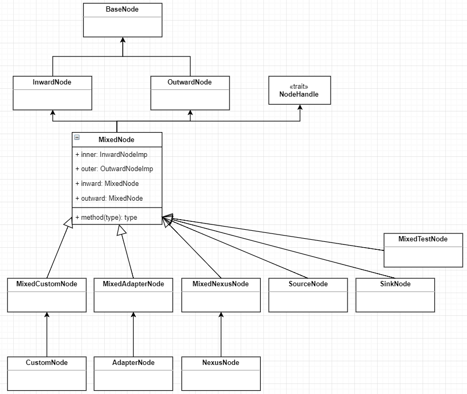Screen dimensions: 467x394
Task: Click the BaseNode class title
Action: click(122, 9)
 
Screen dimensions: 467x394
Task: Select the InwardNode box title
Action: click(52, 82)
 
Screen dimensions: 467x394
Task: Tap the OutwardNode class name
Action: click(190, 82)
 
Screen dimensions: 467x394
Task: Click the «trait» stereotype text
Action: click(299, 87)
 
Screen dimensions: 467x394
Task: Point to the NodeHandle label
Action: click(299, 94)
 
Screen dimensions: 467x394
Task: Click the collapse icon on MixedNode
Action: click(77, 137)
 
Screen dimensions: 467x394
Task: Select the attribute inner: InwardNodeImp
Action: click(112, 155)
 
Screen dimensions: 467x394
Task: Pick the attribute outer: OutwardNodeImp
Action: click(114, 169)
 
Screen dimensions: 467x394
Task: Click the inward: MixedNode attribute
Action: click(107, 183)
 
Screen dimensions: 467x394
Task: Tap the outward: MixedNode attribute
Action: click(109, 199)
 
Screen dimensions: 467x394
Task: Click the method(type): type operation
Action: click(106, 218)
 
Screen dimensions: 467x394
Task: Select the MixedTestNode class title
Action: click(423, 239)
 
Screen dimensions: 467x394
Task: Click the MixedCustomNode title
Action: click(47, 284)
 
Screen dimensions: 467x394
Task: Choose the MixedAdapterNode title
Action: click(133, 284)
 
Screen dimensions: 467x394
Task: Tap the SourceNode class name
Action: click(308, 284)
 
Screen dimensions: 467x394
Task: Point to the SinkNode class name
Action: click(395, 284)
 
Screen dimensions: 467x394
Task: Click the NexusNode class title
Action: click(221, 363)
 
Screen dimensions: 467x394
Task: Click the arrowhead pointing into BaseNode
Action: click(123, 40)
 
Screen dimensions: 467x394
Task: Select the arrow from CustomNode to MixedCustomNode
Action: click(47, 334)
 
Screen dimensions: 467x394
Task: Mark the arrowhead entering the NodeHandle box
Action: click(300, 107)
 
